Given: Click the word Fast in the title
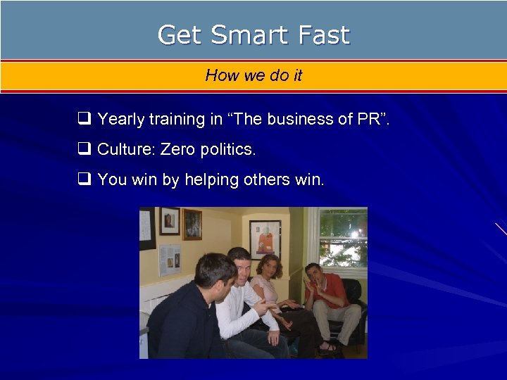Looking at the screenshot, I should pos(323,34).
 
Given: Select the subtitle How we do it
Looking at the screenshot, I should pos(254,75).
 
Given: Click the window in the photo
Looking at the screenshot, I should pos(343,239).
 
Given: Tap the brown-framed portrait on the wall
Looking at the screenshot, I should pos(192,224).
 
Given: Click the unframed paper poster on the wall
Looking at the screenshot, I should pos(170,260).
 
